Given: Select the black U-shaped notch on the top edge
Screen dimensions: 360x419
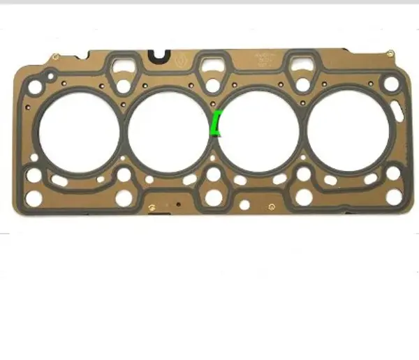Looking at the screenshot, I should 160,54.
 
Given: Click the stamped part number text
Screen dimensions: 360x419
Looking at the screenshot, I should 266,59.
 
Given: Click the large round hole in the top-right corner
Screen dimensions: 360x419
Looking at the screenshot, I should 390,84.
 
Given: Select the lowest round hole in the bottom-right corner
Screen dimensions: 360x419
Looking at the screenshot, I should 393,197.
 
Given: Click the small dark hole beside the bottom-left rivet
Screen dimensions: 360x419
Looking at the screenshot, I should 179,204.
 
